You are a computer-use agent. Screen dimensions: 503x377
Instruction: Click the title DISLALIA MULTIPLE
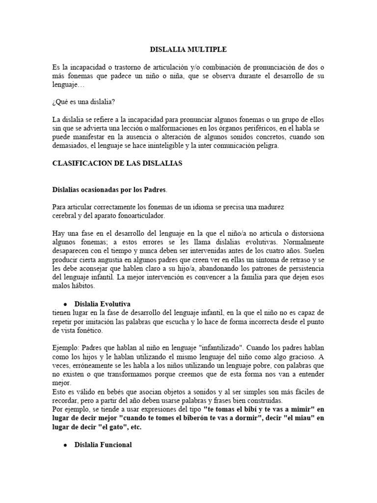188,50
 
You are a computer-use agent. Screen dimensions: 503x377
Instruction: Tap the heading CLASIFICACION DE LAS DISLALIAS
117,164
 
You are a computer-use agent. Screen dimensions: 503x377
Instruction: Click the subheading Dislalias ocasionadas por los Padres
110,189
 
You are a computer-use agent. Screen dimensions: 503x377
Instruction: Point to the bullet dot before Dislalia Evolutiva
65,304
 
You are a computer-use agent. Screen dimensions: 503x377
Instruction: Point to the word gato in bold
119,427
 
